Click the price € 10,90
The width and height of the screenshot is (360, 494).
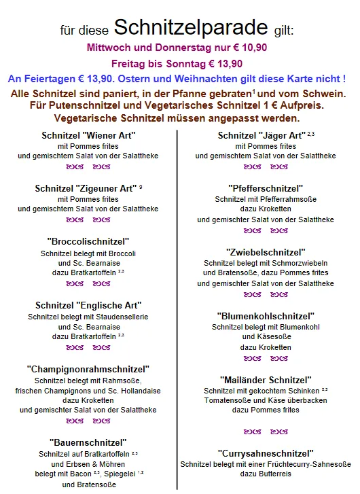[249, 48]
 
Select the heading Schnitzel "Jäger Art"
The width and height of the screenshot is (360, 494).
[260, 135]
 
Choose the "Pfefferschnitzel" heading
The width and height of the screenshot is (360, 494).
[266, 188]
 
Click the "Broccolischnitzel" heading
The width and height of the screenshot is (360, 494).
[89, 241]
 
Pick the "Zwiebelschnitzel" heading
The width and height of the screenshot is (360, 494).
[266, 252]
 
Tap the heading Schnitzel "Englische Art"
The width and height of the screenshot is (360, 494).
[89, 305]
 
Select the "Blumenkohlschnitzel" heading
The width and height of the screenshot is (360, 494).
[266, 316]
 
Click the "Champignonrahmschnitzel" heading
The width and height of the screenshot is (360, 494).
[88, 369]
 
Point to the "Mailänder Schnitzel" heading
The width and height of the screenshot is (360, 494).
[266, 380]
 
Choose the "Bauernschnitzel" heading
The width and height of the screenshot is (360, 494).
[88, 442]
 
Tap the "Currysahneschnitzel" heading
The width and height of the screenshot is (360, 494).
[266, 453]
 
